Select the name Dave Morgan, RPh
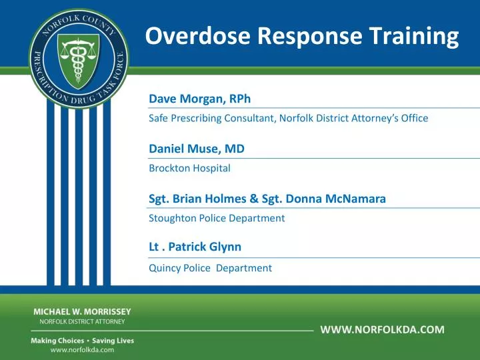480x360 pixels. click(x=195, y=99)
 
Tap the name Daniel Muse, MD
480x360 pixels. click(x=196, y=149)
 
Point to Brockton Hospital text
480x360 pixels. click(x=189, y=169)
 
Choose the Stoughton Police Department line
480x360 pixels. click(x=217, y=218)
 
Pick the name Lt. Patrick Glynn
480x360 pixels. click(x=195, y=247)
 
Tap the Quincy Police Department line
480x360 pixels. click(x=210, y=268)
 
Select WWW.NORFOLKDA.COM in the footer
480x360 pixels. click(x=382, y=329)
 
